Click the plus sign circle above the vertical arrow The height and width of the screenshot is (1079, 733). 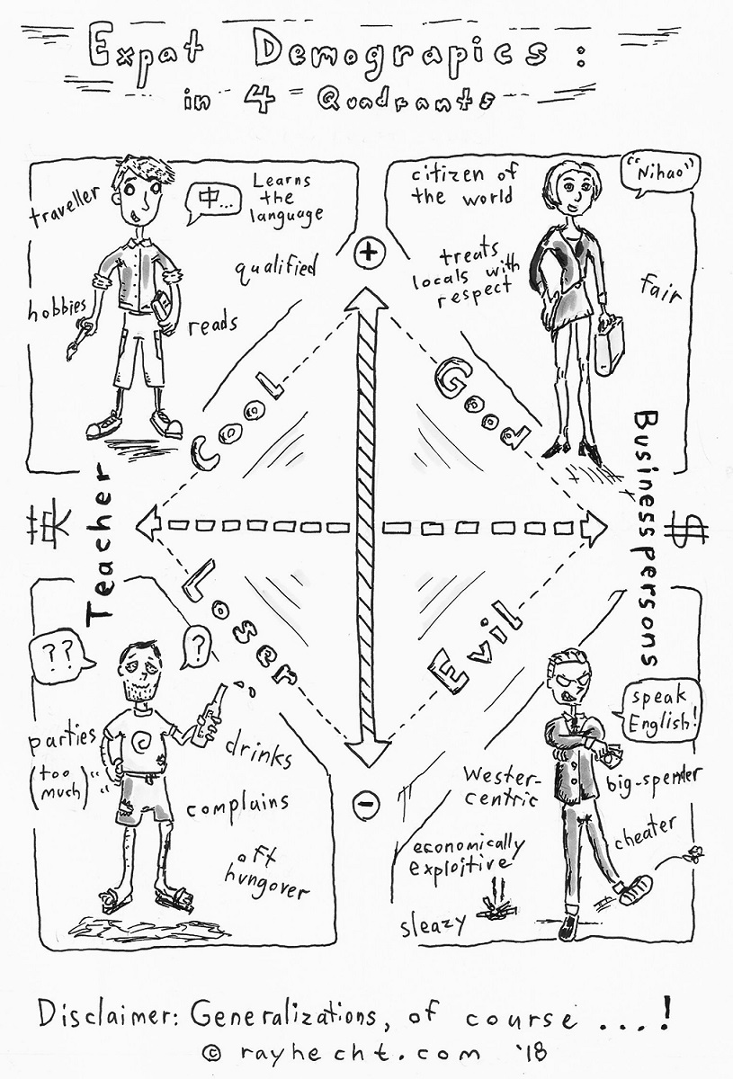coord(366,254)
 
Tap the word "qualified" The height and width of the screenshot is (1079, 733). coord(277,266)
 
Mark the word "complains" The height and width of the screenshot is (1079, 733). coord(237,803)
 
